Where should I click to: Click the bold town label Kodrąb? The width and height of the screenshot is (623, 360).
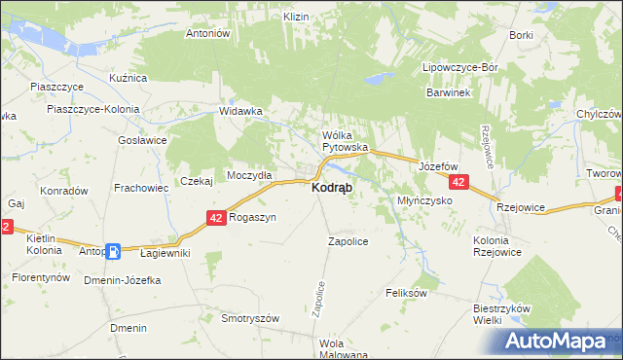click(333, 187)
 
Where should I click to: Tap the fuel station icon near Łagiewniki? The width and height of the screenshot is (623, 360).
click(114, 251)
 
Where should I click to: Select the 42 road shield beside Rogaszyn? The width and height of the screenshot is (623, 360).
click(217, 220)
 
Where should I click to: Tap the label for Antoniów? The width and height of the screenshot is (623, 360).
click(206, 33)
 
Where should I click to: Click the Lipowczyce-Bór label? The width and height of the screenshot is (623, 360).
click(459, 68)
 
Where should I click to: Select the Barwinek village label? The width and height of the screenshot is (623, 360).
click(448, 92)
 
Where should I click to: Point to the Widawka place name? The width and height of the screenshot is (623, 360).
click(241, 111)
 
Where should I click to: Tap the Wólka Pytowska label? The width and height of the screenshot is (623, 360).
click(344, 141)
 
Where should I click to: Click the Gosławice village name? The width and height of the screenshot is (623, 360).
click(141, 140)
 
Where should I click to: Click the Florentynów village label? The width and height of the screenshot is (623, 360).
click(41, 277)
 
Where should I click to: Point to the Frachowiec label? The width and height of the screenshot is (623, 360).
click(142, 187)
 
